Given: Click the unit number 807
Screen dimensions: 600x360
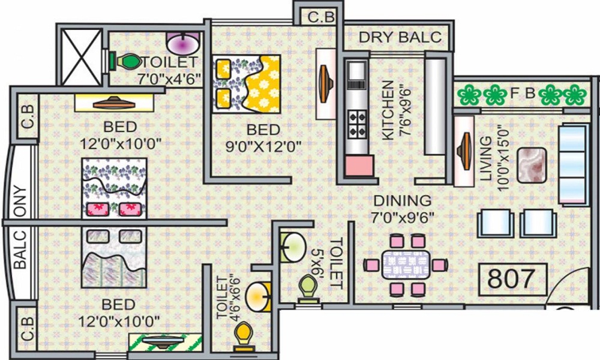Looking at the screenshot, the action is tap(511, 278).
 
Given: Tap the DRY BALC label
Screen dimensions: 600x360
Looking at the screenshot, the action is tap(400, 37).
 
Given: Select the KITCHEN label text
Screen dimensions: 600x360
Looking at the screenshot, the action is tap(388, 110).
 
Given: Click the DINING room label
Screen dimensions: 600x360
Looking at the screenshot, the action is tap(403, 201).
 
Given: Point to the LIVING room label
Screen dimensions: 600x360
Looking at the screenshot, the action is tap(485, 158).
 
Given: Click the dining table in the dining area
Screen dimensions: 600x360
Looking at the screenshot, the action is tap(406, 265).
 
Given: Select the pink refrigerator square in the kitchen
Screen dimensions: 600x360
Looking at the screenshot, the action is tap(359, 166).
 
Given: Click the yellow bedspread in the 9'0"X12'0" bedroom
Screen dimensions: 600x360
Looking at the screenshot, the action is tap(263, 85).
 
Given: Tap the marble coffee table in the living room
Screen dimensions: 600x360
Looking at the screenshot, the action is tap(532, 165).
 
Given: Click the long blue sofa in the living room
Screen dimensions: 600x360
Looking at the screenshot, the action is tap(573, 164).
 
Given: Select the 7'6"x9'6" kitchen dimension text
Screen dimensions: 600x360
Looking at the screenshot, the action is tap(404, 112).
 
